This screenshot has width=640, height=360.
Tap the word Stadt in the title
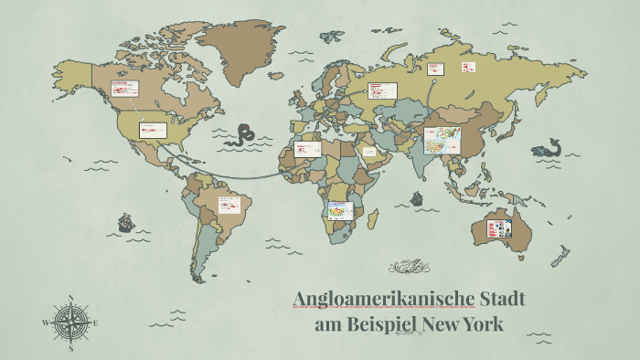[x=504, y=300]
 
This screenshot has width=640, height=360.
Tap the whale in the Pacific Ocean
[x=548, y=147]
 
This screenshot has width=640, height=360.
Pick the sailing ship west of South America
[x=125, y=222]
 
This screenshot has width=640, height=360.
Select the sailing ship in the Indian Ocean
[x=416, y=197]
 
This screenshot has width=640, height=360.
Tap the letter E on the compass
[x=95, y=323]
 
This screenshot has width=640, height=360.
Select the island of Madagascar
[x=373, y=218]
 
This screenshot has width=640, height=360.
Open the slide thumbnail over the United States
[x=153, y=130]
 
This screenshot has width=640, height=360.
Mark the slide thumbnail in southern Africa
[x=339, y=211]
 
